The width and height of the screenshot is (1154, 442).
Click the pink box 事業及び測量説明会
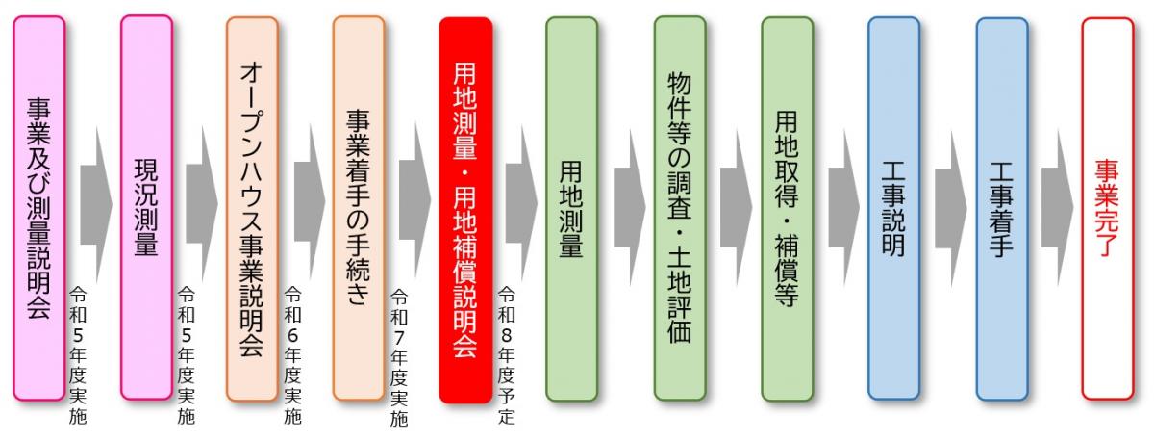click(x=39, y=207)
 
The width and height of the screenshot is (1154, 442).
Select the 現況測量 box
click(x=146, y=207)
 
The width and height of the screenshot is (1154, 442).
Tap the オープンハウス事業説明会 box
click(x=252, y=207)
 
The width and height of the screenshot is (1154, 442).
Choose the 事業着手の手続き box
click(x=359, y=207)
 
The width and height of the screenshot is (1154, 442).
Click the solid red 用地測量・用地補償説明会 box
click(x=465, y=207)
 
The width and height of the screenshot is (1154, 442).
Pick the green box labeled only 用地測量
click(x=571, y=207)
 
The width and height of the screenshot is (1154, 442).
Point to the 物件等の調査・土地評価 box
click(x=680, y=207)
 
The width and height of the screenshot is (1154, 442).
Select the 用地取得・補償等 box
click(x=787, y=207)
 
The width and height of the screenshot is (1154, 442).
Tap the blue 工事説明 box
click(x=893, y=207)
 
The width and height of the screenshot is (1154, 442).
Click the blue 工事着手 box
click(x=1001, y=207)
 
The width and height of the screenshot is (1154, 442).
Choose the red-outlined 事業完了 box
click(x=1107, y=207)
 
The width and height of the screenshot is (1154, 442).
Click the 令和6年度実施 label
click(x=293, y=356)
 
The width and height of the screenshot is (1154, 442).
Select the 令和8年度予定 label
click(x=506, y=356)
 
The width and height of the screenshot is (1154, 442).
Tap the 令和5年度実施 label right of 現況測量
click(x=187, y=356)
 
